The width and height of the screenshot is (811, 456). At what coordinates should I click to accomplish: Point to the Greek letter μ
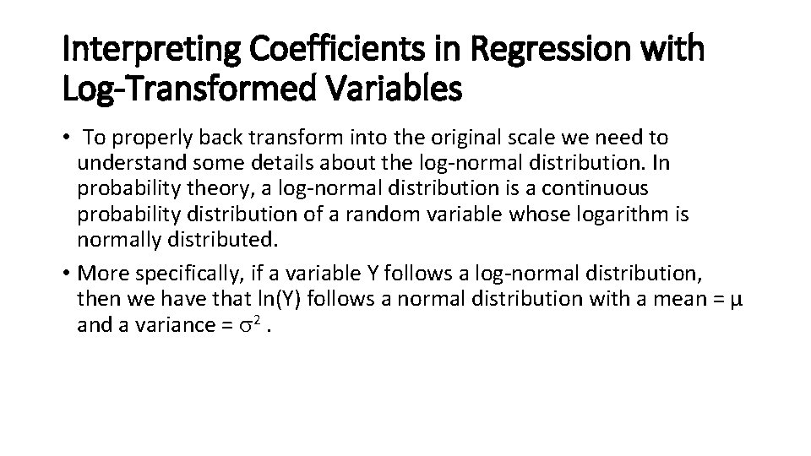coord(735,298)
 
